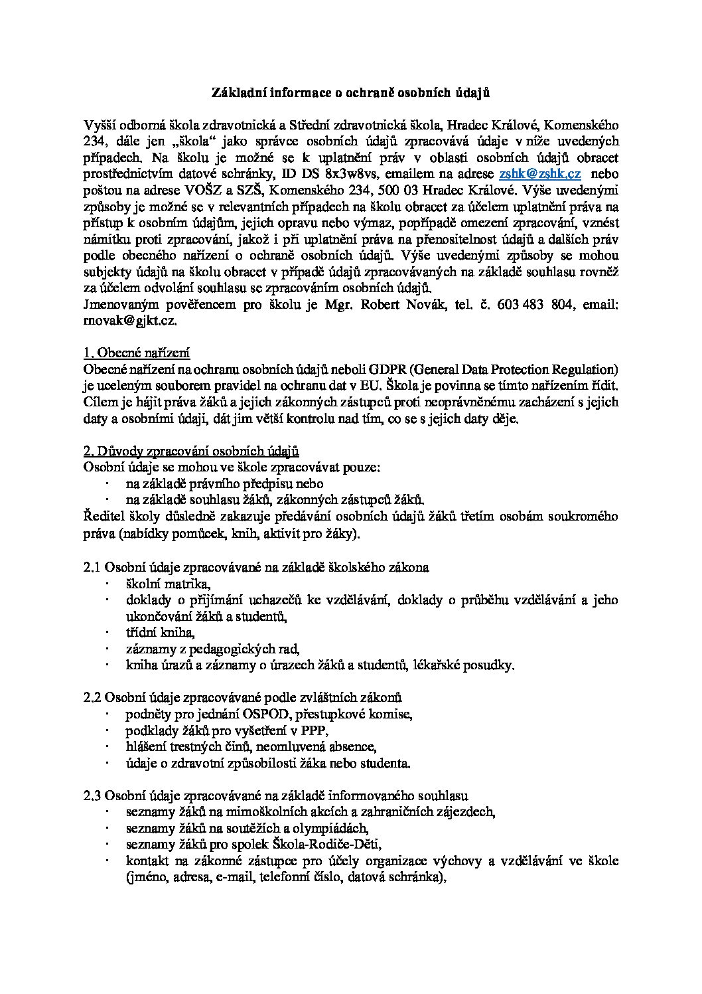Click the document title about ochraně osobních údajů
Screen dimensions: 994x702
coord(350,93)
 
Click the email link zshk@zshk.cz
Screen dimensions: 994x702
coord(540,173)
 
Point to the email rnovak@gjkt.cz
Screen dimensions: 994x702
coord(130,320)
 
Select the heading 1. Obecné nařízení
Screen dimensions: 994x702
coord(137,353)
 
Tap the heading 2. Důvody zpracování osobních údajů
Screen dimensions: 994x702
coord(191,452)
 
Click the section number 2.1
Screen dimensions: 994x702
coord(92,567)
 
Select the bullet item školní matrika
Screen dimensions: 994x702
coord(168,584)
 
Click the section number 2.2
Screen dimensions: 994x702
coord(92,698)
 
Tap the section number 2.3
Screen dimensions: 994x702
coord(92,795)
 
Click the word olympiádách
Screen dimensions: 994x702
coord(330,828)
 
